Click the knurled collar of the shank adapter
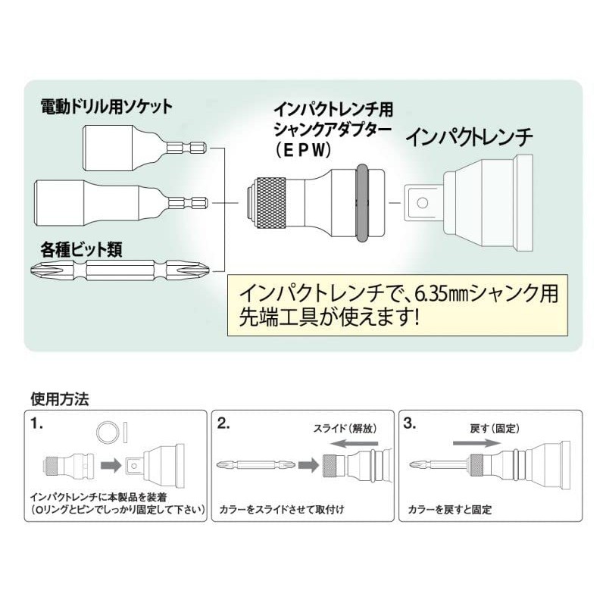click(271, 202)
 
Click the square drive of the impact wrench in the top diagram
click(423, 202)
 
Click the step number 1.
click(38, 424)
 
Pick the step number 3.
click(410, 424)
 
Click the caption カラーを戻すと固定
click(446, 510)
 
